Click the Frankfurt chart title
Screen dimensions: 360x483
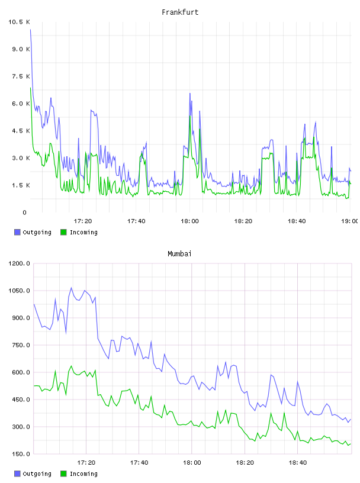180,12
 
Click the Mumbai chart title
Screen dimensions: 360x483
179,254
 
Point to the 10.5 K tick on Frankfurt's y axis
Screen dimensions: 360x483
19,22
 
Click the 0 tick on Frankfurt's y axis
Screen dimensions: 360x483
25,212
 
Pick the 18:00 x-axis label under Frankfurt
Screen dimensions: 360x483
189,221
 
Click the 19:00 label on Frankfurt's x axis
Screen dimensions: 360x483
350,221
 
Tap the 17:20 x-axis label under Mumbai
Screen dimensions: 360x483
86,463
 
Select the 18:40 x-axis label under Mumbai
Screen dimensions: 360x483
297,463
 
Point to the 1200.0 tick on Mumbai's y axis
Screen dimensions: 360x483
19,263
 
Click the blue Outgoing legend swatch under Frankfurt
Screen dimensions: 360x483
17,232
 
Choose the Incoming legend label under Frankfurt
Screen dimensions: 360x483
83,233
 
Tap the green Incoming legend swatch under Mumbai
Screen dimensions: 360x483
63,474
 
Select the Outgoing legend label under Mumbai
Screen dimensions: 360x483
37,474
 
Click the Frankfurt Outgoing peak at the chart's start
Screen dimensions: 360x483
31,30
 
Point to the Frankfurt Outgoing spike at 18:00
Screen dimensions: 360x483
190,94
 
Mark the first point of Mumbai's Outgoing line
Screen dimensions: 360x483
34,304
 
